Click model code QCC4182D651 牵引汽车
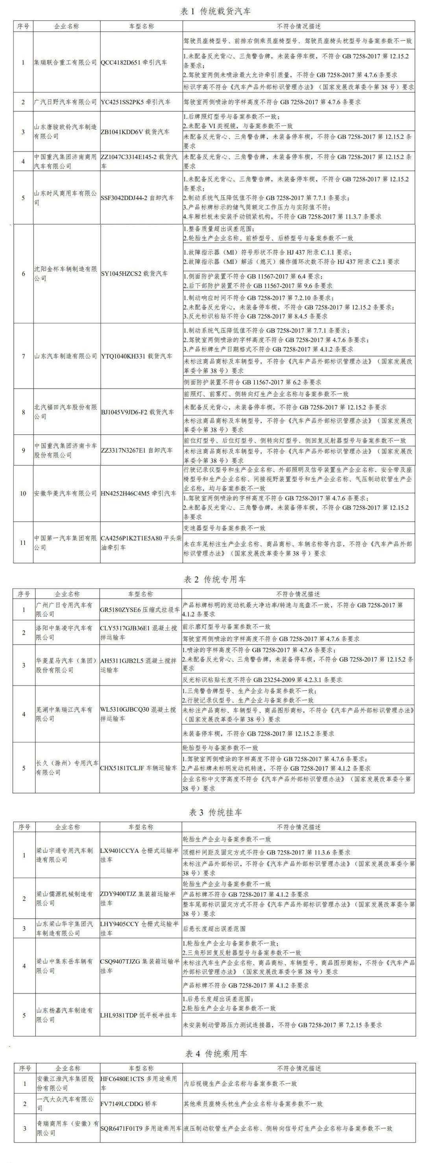coord(134,62)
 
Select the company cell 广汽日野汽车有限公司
coord(66,102)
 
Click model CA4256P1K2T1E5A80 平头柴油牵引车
coord(140,543)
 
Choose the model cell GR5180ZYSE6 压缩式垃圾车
coord(140,610)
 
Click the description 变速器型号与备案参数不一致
coord(224,528)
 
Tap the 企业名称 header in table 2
coord(67,594)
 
